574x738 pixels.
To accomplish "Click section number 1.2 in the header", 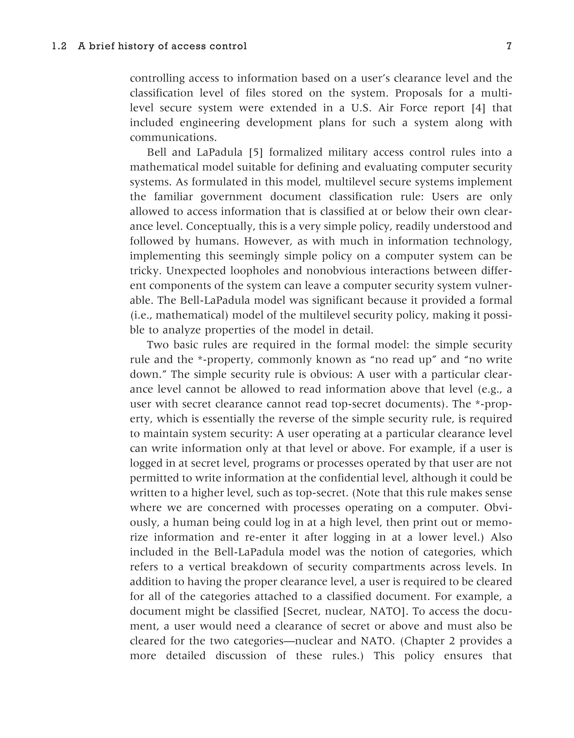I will pyautogui.click(x=59, y=46).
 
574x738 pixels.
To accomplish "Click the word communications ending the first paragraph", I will pyautogui.click(x=173, y=138).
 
